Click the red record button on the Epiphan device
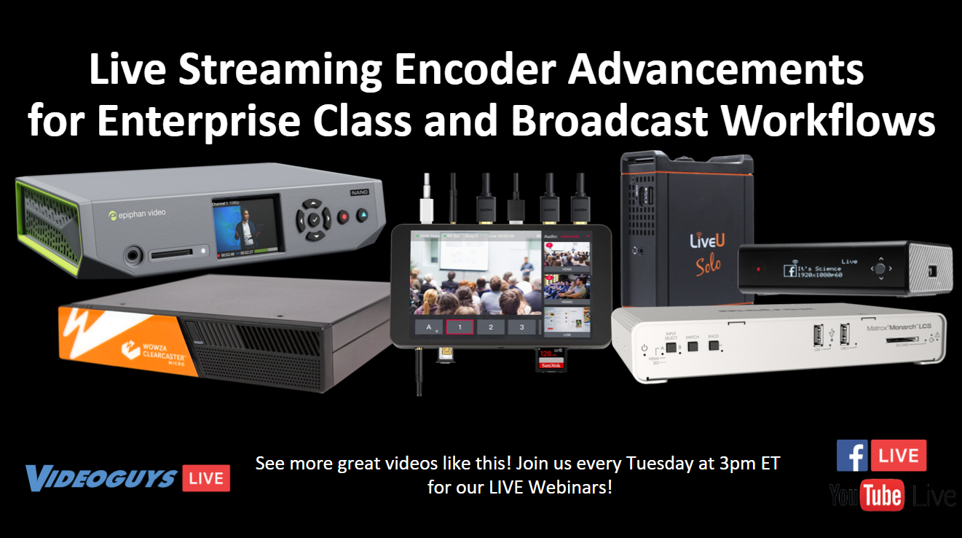[x=343, y=216]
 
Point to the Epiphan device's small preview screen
[x=244, y=227]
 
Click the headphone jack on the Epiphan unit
[x=133, y=255]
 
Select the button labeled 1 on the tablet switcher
[x=460, y=327]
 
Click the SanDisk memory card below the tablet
[x=551, y=359]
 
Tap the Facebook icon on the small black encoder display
[x=789, y=271]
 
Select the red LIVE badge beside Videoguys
[x=206, y=478]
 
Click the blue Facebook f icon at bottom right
[x=852, y=456]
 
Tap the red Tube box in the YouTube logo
[x=882, y=496]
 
